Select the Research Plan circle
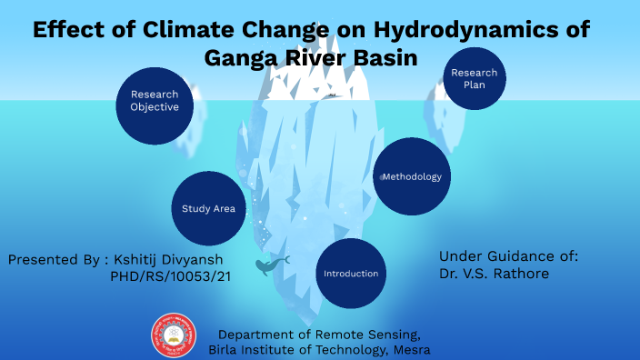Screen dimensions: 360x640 point(475,78)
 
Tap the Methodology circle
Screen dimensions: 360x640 point(411,176)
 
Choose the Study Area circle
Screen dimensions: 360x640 point(208,208)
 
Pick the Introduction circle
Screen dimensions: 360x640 point(351,274)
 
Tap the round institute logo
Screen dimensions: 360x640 point(173,335)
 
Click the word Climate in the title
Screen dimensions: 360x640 point(185,30)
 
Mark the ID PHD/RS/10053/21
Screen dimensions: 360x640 point(170,275)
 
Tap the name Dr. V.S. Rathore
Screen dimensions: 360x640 point(493,274)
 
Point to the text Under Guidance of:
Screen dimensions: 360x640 point(508,256)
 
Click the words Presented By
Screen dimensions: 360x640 point(52,259)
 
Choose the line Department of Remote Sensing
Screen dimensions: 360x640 point(319,334)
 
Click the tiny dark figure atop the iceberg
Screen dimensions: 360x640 point(334,95)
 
